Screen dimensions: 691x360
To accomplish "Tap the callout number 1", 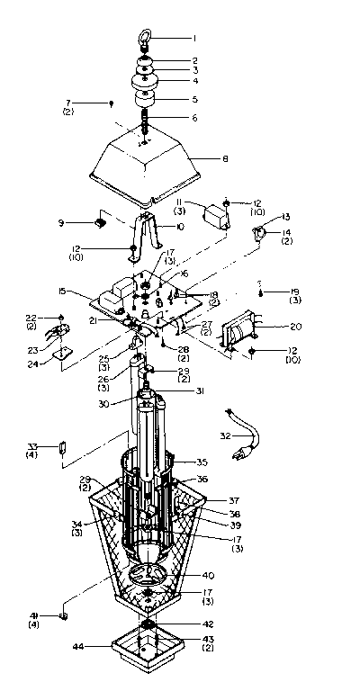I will [x=193, y=39].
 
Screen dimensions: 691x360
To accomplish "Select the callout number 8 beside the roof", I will [x=225, y=159].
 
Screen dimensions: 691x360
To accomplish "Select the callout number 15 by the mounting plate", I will [x=62, y=292].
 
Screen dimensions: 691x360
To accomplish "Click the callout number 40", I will [x=208, y=575].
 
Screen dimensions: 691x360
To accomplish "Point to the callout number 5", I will [x=193, y=99].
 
